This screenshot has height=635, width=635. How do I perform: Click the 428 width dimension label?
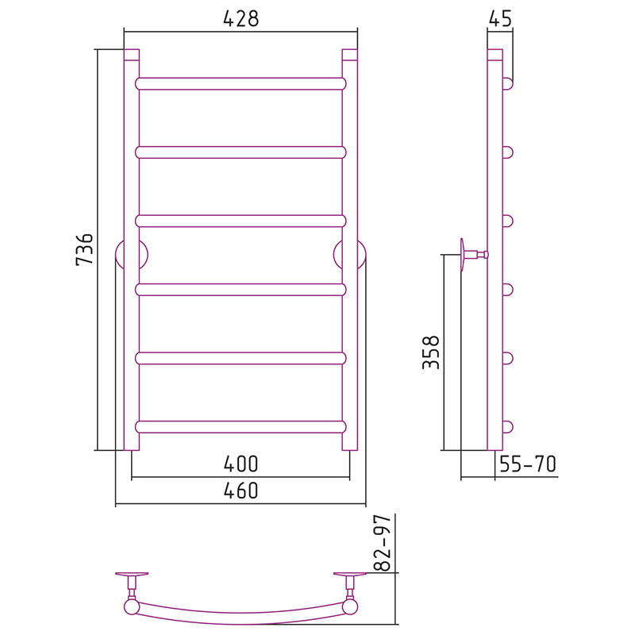(x=241, y=18)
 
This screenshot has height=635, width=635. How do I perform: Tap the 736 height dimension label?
(x=85, y=249)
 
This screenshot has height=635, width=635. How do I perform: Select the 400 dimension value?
(x=241, y=464)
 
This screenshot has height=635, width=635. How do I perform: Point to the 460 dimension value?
(x=241, y=491)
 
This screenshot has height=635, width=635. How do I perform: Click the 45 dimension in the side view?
(x=501, y=18)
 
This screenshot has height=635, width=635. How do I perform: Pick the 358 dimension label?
(x=431, y=352)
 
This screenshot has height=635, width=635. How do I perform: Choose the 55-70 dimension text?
(x=528, y=464)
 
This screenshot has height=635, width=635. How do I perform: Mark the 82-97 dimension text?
(x=383, y=543)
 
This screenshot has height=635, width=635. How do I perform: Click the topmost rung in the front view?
(x=241, y=84)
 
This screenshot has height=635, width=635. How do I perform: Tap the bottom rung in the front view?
(x=241, y=427)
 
